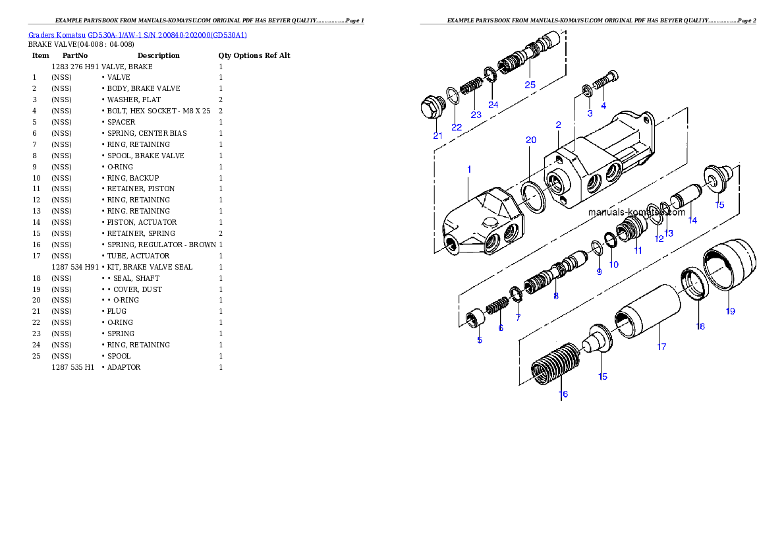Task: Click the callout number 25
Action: pos(530,84)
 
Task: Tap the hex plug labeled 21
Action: pos(432,109)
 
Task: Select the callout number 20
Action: pos(531,140)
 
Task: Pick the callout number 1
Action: pos(469,169)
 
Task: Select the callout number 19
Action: pos(731,311)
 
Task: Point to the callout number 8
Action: pos(555,296)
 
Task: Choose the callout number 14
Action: pos(692,220)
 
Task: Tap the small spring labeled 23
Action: pos(470,86)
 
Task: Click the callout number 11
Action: pos(638,250)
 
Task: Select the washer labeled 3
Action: pos(586,89)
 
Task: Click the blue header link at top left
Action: pos(138,34)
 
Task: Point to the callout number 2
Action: pos(558,125)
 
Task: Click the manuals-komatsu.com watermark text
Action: pos(636,212)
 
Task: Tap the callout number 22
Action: pos(457,127)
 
